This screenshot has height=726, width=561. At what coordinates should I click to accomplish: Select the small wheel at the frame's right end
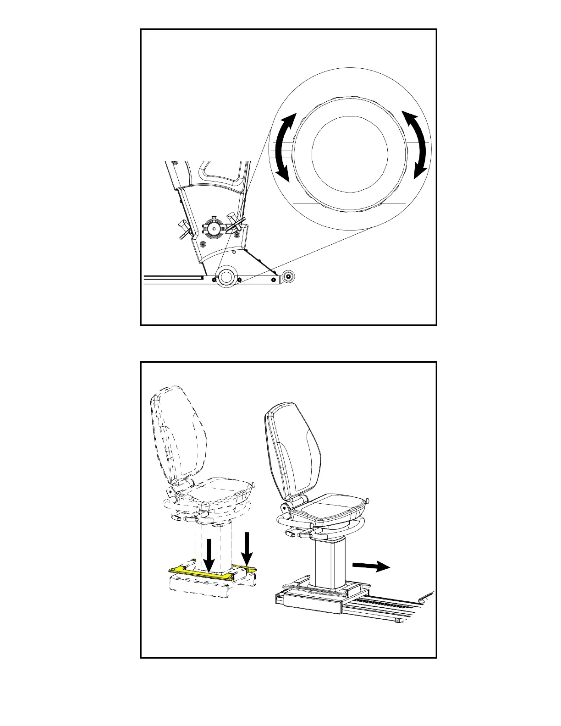click(288, 276)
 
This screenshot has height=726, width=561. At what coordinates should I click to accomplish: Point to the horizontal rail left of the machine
click(172, 277)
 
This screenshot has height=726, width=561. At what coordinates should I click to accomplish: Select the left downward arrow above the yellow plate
click(209, 555)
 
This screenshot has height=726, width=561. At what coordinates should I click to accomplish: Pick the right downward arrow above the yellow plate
click(247, 548)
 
